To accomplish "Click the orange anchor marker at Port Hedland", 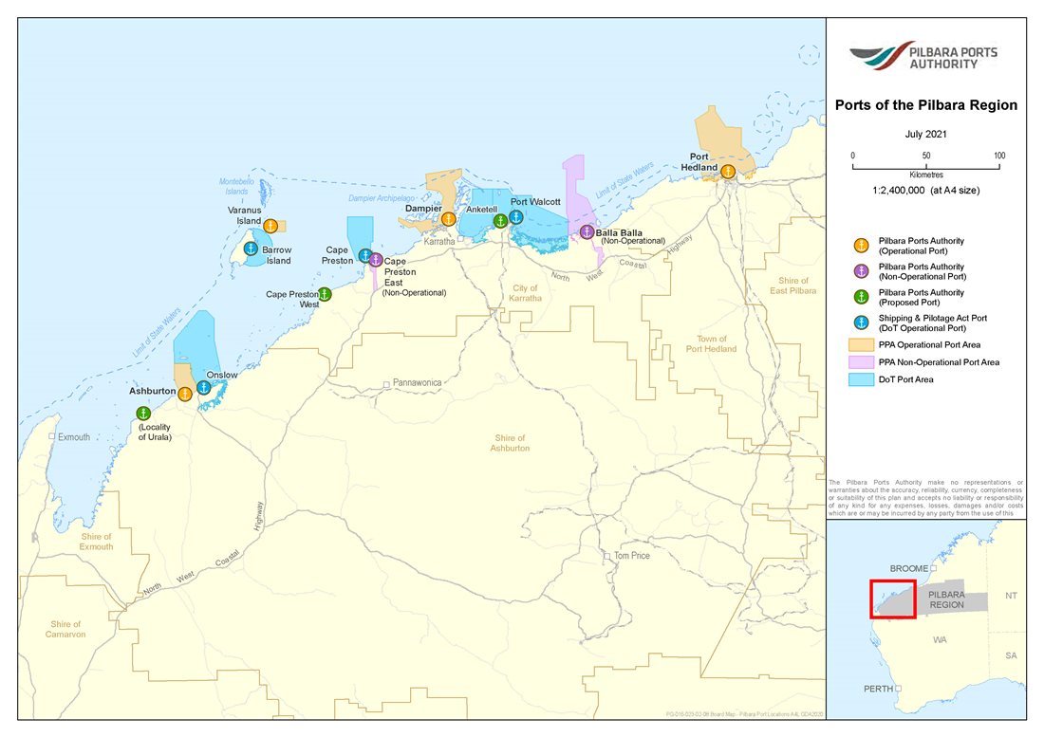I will pos(728,172).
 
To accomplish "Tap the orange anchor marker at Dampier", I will pos(449,219).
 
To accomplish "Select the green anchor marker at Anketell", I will pos(499,221).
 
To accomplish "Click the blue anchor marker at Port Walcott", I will pos(515,217).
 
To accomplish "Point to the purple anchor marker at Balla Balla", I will pos(587,232).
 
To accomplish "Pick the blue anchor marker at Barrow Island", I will pos(251,249).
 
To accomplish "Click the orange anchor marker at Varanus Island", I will pos(270,226).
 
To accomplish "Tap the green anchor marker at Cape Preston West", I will pos(325,294).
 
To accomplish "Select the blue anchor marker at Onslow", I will pos(203,387).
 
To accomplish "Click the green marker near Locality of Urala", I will pos(143,413).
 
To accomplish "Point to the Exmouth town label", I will pos(74,437).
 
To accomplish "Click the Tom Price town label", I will pos(631,555).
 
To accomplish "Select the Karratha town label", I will pos(439,242).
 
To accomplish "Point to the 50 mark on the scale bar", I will pos(925,156).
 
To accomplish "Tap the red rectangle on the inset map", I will pos(893,599).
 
